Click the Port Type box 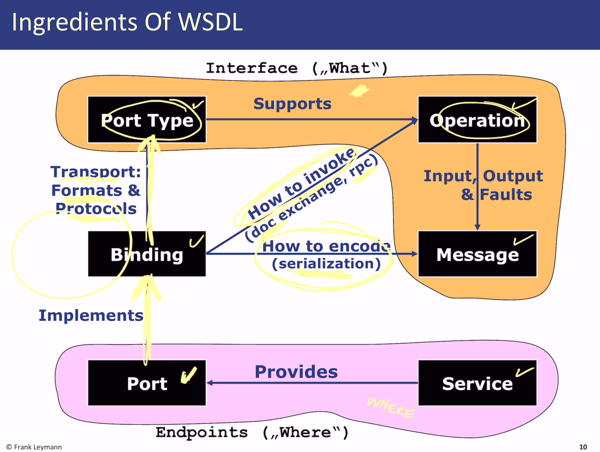point(147,120)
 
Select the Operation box point(477,120)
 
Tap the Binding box point(147,254)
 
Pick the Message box point(477,254)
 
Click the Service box point(477,383)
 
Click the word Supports point(292,104)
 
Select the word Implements point(91,315)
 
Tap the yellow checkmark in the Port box point(189,375)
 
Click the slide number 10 point(583,447)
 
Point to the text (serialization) point(326,263)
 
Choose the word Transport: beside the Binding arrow point(95,172)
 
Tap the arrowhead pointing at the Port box point(209,383)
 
